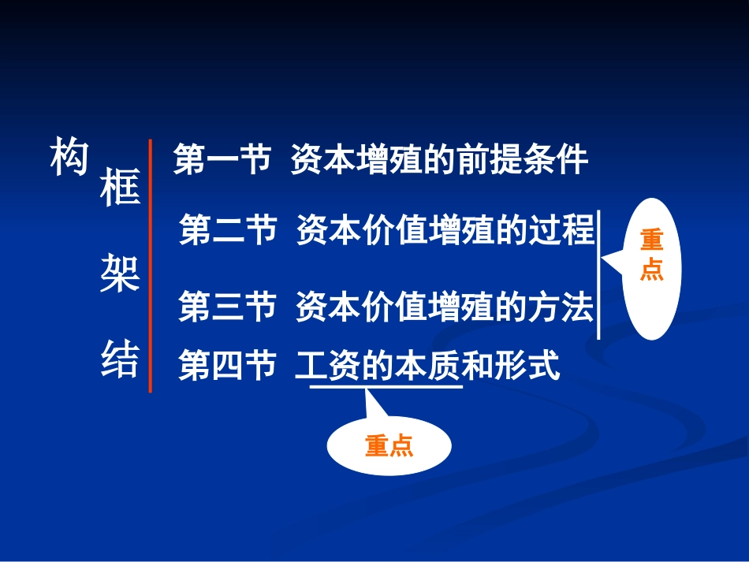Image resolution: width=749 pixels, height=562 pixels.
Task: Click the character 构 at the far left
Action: click(x=69, y=158)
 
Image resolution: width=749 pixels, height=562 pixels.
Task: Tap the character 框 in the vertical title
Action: click(x=120, y=188)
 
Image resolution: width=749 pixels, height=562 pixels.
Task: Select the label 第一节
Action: click(x=222, y=160)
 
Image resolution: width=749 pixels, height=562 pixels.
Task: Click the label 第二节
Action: click(x=227, y=231)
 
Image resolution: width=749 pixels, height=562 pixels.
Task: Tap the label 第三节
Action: click(x=227, y=307)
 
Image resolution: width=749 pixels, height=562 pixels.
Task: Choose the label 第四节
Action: click(x=227, y=367)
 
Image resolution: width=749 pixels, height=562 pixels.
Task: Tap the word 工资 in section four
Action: click(x=328, y=367)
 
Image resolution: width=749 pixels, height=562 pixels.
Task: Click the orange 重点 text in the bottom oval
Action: click(x=389, y=446)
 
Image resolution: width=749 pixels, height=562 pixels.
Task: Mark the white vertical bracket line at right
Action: click(x=598, y=274)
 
